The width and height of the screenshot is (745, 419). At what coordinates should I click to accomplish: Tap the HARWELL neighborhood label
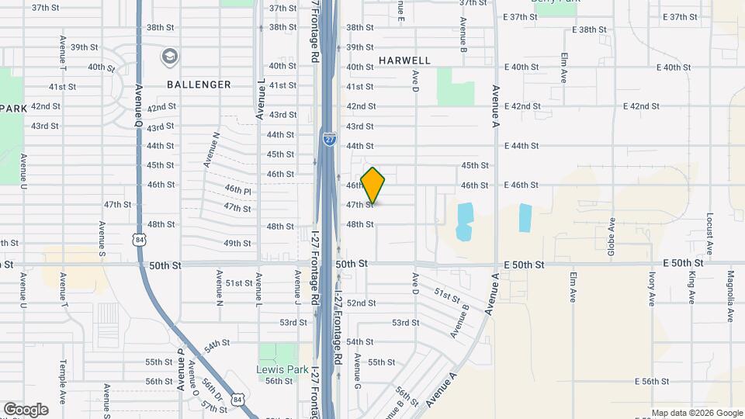pyautogui.click(x=404, y=61)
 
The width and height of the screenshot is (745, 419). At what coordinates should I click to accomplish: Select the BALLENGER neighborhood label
pyautogui.click(x=199, y=85)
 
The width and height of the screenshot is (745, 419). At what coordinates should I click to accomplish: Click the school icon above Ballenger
pyautogui.click(x=169, y=57)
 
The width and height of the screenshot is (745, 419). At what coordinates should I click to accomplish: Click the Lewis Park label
pyautogui.click(x=278, y=369)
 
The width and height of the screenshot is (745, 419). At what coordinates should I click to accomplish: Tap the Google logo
pyautogui.click(x=26, y=410)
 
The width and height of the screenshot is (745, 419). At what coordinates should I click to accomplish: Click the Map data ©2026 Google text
pyautogui.click(x=696, y=413)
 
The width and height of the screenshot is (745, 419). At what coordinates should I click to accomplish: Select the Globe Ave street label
pyautogui.click(x=612, y=237)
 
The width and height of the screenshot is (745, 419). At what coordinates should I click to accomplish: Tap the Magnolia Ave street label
pyautogui.click(x=730, y=296)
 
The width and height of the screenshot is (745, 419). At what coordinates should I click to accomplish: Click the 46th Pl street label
pyautogui.click(x=238, y=189)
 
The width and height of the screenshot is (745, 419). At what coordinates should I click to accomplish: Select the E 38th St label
pyautogui.click(x=587, y=29)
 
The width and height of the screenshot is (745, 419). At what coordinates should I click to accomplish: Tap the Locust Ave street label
pyautogui.click(x=709, y=234)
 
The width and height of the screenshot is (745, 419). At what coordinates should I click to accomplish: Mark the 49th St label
pyautogui.click(x=237, y=244)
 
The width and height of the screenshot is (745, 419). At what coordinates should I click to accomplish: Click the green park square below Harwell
pyautogui.click(x=455, y=87)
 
